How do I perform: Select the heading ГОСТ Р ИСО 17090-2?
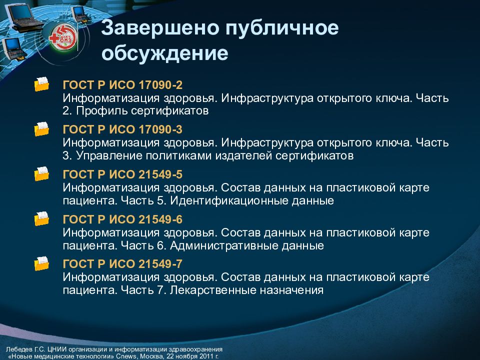click(119, 85)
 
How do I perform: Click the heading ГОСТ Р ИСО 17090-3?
click(119, 130)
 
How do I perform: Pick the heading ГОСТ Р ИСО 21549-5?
click(119, 175)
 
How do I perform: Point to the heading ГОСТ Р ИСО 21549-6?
click(119, 220)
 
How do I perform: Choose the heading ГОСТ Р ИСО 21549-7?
click(119, 264)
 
